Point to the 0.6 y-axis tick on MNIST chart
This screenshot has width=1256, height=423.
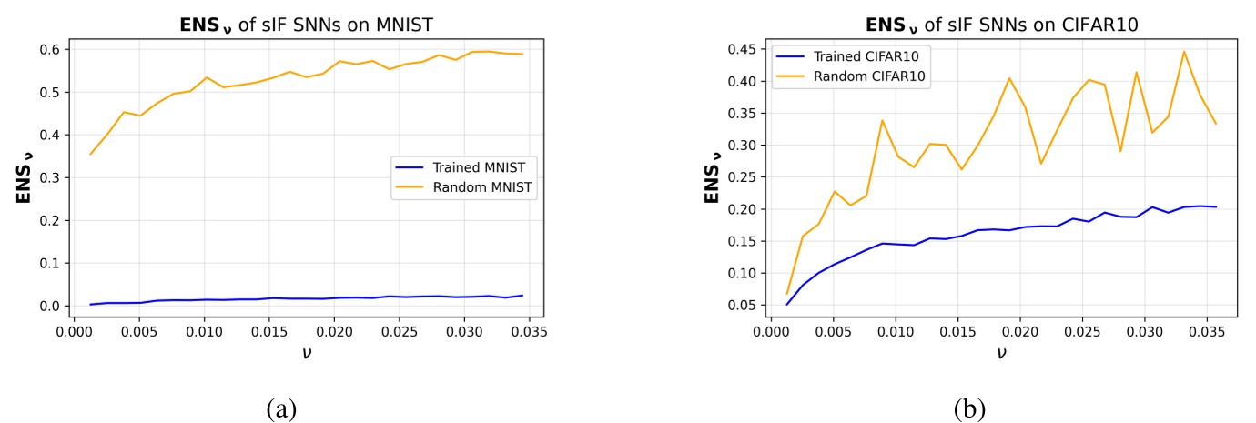click(x=51, y=49)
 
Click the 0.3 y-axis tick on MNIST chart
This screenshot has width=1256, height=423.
click(x=51, y=177)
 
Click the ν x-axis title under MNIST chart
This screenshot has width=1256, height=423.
click(x=308, y=350)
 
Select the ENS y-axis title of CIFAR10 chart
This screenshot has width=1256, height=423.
click(x=714, y=178)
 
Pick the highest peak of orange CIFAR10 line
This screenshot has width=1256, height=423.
click(x=1184, y=51)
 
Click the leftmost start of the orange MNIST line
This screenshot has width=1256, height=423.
click(x=90, y=154)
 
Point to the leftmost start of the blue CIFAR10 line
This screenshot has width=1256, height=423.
click(x=787, y=304)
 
